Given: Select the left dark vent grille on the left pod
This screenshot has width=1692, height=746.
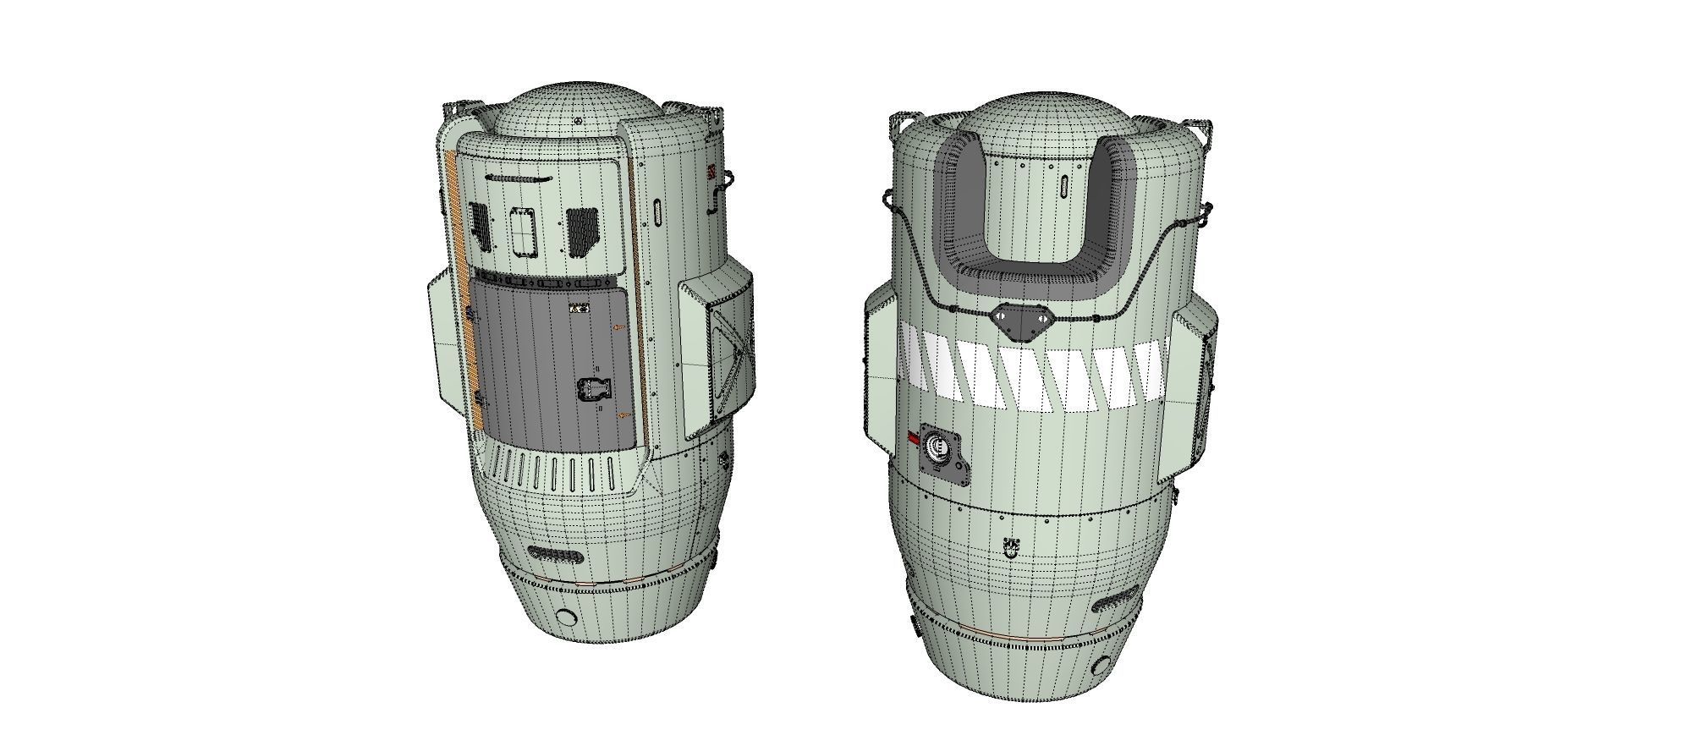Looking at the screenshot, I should click(480, 226).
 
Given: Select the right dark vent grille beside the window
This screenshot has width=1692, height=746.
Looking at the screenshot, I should click(583, 230).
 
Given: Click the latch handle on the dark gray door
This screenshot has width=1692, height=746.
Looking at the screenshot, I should click(591, 390).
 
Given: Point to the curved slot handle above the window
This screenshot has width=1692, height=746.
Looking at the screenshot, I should click(517, 179).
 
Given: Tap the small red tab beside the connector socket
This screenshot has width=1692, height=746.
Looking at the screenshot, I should click(914, 437).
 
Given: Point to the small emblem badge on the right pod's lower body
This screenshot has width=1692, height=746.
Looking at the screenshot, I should click(1009, 547).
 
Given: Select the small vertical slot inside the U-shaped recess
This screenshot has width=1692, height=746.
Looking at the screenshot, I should click(1063, 188).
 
